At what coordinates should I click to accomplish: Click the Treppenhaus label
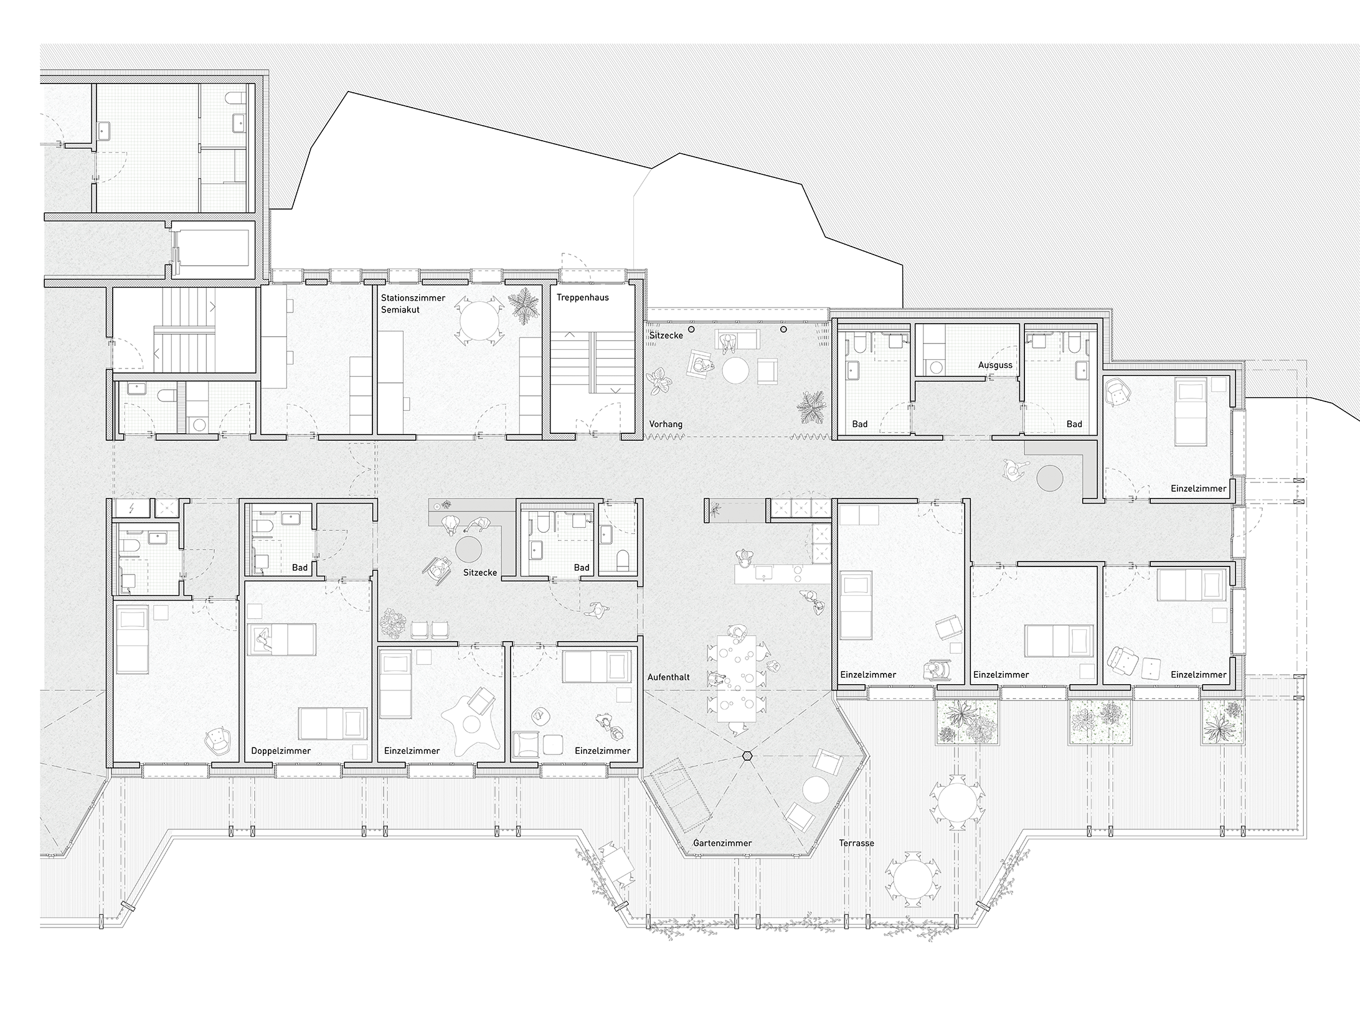pos(582,298)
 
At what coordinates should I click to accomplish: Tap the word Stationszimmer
pos(413,298)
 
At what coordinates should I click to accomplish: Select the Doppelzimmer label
pos(281,751)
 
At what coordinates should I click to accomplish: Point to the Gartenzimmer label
pos(722,843)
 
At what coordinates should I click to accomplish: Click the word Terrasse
pos(856,843)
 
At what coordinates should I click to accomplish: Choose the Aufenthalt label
pos(669,677)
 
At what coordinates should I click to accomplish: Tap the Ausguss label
pos(995,365)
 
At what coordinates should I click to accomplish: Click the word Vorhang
pos(666,424)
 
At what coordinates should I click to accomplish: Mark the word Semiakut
pos(400,309)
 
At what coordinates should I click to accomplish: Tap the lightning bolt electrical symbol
pos(131,509)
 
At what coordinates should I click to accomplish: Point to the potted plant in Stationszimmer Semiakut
pos(523,306)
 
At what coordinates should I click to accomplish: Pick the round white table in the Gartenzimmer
pos(815,789)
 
